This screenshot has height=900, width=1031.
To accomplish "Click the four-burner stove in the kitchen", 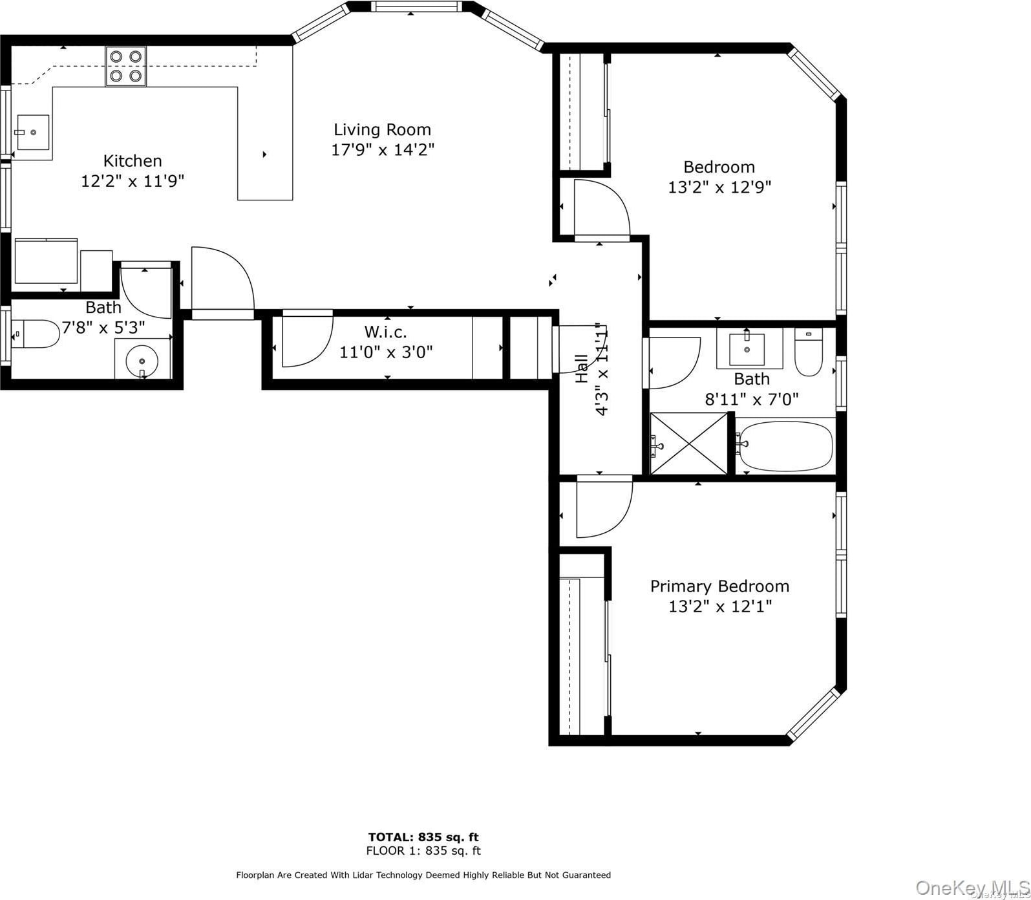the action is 125,66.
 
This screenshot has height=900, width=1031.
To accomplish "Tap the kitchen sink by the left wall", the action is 32,132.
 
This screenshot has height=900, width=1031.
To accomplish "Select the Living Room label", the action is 382,129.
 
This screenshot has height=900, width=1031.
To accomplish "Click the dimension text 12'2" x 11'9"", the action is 133,180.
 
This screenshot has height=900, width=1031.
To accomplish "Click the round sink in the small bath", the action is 142,361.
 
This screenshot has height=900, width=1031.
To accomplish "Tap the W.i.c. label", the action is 386,332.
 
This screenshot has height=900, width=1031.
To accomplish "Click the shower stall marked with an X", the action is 689,444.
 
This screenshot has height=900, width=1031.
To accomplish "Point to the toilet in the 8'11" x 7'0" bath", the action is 808,352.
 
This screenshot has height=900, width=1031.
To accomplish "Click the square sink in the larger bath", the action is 747,349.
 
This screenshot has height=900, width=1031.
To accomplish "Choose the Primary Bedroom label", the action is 719,586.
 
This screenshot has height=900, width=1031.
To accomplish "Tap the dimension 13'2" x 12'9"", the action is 719,187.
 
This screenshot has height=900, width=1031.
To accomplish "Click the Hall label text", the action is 582,368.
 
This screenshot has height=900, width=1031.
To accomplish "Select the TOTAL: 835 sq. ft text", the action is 423,837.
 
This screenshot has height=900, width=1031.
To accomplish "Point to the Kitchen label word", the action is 133,160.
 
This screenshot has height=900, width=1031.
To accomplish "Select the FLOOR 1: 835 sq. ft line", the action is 423,851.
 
